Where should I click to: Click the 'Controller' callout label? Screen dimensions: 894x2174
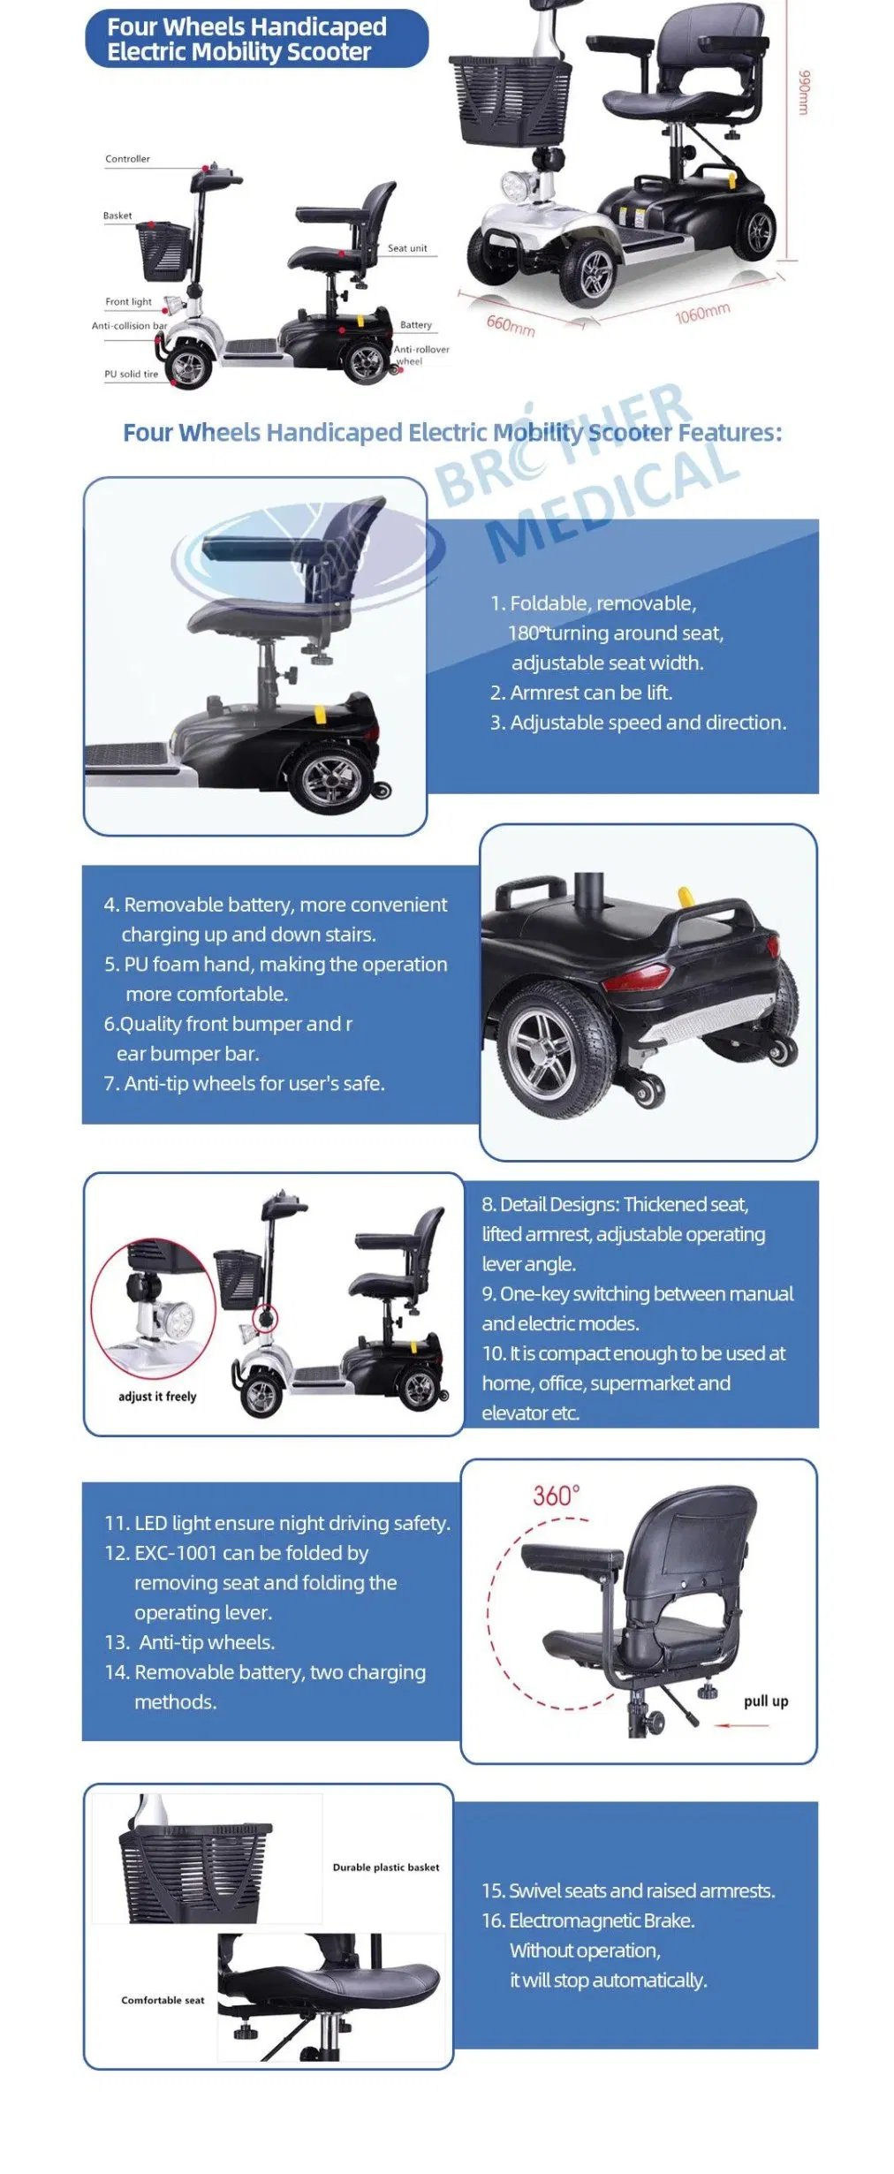pyautogui.click(x=127, y=159)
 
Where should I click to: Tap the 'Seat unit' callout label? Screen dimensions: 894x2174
pyautogui.click(x=407, y=248)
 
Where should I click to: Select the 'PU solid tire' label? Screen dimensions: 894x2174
pyautogui.click(x=132, y=375)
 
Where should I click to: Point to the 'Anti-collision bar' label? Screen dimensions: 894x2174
pyautogui.click(x=129, y=326)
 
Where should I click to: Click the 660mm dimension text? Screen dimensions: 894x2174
pyautogui.click(x=511, y=325)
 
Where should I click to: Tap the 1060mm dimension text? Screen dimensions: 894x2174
pyautogui.click(x=703, y=313)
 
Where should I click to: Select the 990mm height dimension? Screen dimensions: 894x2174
pyautogui.click(x=803, y=92)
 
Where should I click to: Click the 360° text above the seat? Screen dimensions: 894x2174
pyautogui.click(x=556, y=1496)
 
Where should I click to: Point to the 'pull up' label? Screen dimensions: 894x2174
pyautogui.click(x=766, y=1701)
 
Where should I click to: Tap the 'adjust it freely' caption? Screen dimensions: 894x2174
pyautogui.click(x=157, y=1397)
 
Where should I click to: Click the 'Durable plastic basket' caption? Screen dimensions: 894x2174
pyautogui.click(x=386, y=1867)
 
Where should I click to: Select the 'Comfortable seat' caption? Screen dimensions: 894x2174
pyautogui.click(x=163, y=2000)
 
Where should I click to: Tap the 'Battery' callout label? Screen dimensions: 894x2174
pyautogui.click(x=416, y=325)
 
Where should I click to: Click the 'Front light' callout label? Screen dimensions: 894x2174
pyautogui.click(x=129, y=302)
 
